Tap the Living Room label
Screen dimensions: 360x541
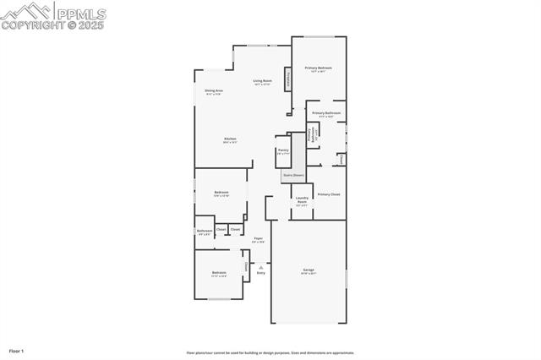262,81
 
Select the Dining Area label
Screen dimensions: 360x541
213,90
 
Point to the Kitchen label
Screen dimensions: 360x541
229,139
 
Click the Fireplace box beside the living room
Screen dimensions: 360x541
288,80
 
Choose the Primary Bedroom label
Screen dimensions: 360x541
318,68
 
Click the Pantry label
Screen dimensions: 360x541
282,150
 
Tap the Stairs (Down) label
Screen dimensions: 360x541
292,175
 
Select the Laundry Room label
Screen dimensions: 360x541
302,201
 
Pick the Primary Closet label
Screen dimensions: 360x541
329,194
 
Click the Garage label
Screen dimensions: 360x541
309,270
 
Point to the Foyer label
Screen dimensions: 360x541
258,238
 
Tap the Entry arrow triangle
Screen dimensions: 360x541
260,266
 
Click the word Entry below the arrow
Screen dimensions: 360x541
260,273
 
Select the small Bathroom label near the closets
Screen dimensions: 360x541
204,231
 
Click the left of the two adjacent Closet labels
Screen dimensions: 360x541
221,229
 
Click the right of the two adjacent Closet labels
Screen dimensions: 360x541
235,229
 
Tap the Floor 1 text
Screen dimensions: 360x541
16,350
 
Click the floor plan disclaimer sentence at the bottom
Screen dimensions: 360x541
270,353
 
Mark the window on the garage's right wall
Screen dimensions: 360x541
346,278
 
